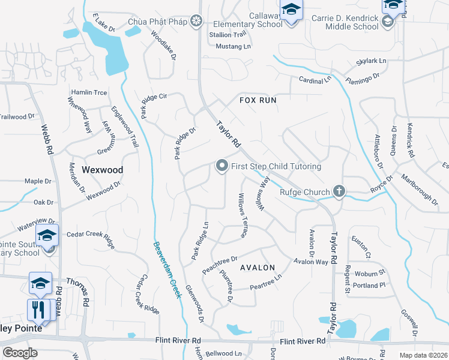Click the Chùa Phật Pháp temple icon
[x=196, y=22]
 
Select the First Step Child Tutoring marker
[x=221, y=166]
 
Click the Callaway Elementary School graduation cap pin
[x=291, y=11]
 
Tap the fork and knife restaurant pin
[x=37, y=310]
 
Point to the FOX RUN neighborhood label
[x=258, y=100]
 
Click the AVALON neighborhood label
[x=258, y=268]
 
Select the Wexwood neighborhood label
[x=102, y=170]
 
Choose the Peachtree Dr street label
[x=220, y=265]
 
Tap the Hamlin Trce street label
[x=89, y=92]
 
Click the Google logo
[x=20, y=353]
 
